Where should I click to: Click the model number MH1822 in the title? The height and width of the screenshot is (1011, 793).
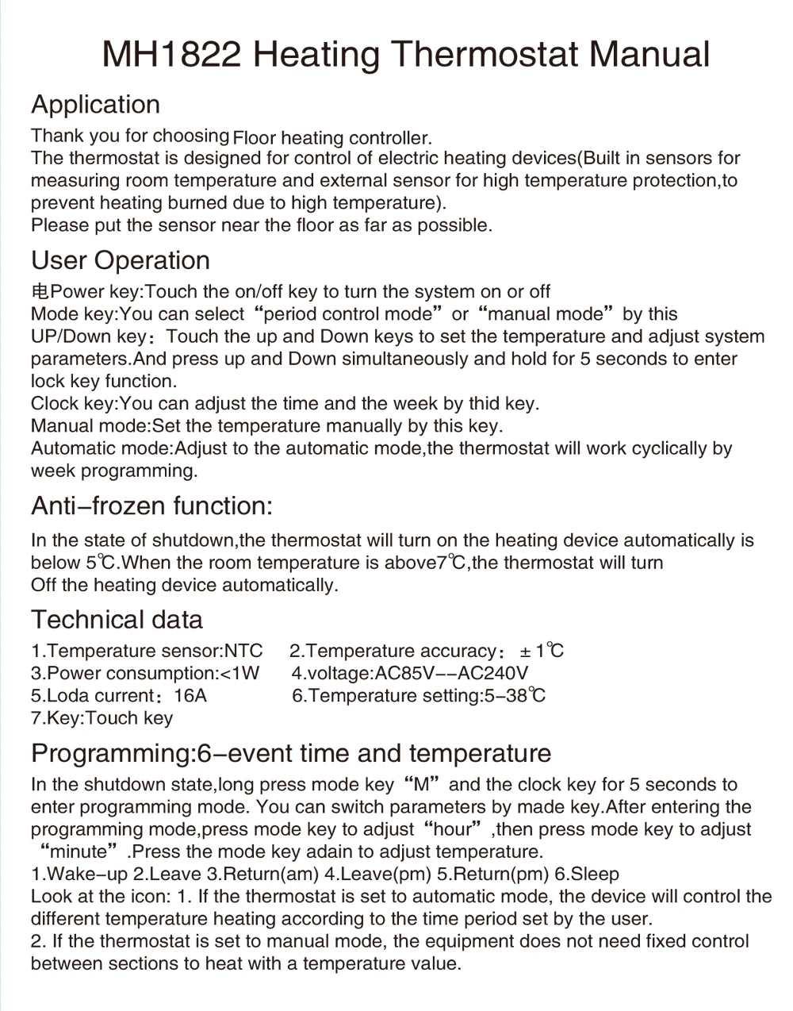click(x=172, y=56)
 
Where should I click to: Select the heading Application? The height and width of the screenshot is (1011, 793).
click(x=95, y=105)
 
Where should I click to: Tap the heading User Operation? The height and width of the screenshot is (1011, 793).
click(x=121, y=260)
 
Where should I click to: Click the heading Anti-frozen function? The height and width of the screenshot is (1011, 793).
click(x=151, y=505)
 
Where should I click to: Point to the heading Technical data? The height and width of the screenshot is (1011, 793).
click(x=117, y=620)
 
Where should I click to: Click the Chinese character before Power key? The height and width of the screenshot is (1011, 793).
click(x=40, y=292)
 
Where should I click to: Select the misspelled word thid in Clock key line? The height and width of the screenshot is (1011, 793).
click(x=484, y=404)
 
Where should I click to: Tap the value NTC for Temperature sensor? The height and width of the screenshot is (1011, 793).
click(x=243, y=652)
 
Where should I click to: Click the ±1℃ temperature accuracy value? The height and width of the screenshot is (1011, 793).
click(x=542, y=652)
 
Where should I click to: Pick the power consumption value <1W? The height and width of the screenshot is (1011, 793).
click(x=239, y=674)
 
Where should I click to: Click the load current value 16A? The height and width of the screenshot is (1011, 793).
click(x=190, y=696)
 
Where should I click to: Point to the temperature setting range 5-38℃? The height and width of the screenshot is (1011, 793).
click(x=515, y=696)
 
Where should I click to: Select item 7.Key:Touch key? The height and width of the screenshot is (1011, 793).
click(x=102, y=718)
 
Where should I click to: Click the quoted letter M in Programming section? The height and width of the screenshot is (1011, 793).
click(x=421, y=785)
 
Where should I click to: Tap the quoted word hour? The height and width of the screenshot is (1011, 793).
click(x=454, y=829)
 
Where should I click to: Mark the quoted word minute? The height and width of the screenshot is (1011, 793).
click(x=78, y=852)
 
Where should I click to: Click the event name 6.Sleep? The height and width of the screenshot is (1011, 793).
click(x=587, y=875)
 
